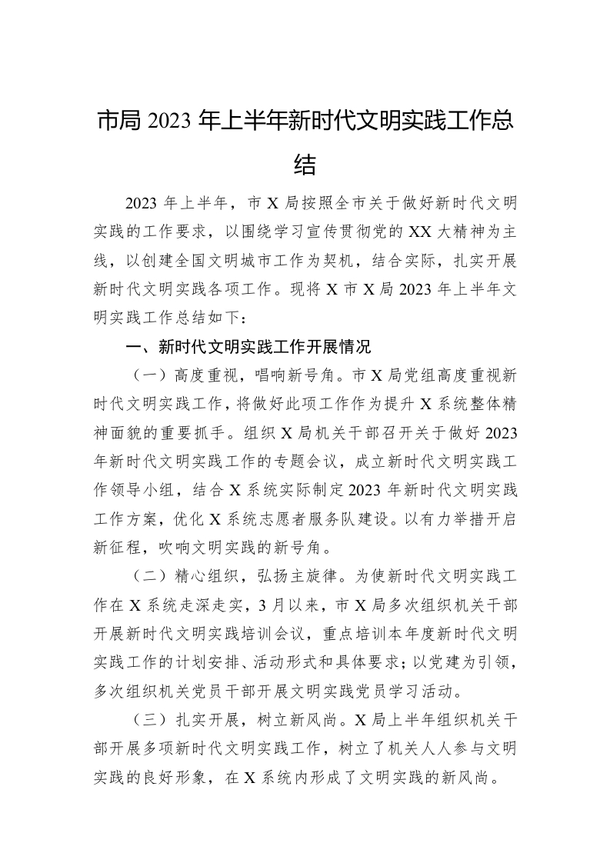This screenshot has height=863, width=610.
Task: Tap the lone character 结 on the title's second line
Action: pyautogui.click(x=305, y=164)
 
